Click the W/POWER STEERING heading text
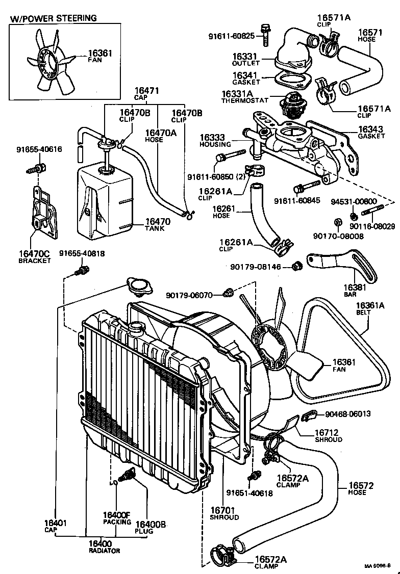tap(54, 18)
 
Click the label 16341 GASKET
tap(246, 79)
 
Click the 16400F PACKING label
tap(117, 518)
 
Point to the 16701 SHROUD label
tap(224, 513)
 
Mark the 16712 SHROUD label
tap(327, 436)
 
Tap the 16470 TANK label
tap(158, 224)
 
